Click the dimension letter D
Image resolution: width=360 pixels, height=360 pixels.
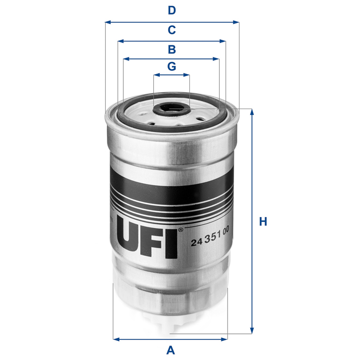171,10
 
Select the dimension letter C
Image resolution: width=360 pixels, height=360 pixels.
171,29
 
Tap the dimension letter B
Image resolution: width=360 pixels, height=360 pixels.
171,49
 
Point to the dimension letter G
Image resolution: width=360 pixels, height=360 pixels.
171,67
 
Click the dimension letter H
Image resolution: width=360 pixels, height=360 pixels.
263,222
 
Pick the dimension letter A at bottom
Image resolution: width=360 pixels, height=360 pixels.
170,350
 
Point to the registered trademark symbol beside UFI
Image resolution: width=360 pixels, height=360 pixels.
181,231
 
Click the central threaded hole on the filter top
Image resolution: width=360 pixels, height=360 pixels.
171,108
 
